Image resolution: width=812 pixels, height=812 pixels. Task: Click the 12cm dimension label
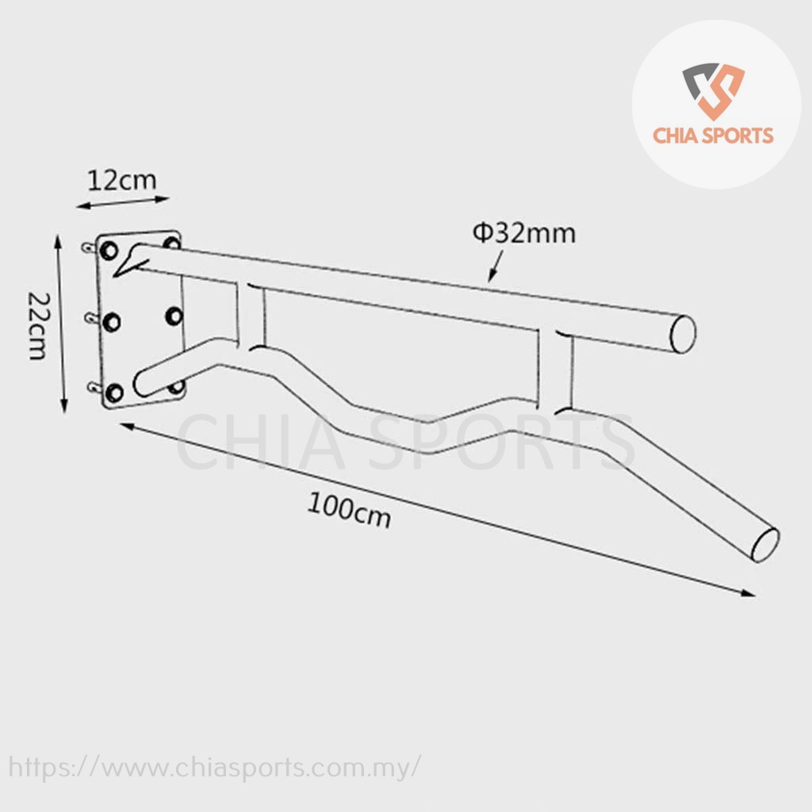(x=121, y=180)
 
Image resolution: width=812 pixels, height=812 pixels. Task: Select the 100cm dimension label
(x=349, y=510)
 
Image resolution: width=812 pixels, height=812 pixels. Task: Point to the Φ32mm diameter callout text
(x=524, y=233)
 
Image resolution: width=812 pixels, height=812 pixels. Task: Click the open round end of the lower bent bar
(x=764, y=545)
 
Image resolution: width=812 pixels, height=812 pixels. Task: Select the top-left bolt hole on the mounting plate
(x=109, y=251)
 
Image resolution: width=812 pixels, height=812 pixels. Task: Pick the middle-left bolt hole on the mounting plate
(x=112, y=321)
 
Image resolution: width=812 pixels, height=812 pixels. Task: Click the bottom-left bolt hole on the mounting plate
(x=114, y=392)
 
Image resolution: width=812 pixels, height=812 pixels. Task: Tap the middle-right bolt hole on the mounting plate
(x=174, y=316)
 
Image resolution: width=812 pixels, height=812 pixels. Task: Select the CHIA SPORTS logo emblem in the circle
(x=713, y=90)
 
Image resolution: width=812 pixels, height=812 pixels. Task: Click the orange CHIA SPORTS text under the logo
(x=713, y=136)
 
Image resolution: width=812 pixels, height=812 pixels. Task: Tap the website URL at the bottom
(x=214, y=768)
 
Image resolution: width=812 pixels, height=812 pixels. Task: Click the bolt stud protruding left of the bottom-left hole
(x=94, y=388)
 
